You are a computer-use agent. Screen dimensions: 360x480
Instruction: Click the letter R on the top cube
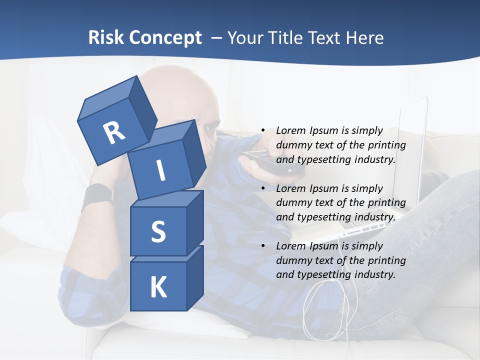click(x=114, y=132)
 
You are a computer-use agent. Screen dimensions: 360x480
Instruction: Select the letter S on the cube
click(x=158, y=231)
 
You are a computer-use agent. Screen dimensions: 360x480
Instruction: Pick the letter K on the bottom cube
click(x=158, y=287)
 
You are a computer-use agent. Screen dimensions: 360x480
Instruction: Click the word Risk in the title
click(x=106, y=37)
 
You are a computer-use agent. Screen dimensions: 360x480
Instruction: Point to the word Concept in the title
click(x=166, y=37)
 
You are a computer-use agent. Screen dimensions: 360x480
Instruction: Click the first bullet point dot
click(x=262, y=131)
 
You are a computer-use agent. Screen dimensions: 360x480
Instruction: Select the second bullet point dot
click(x=262, y=188)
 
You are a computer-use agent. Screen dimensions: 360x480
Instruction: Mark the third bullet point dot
click(x=262, y=246)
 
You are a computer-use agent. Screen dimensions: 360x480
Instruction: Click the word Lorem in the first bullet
click(x=290, y=131)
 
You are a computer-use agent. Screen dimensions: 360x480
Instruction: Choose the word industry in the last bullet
click(x=374, y=274)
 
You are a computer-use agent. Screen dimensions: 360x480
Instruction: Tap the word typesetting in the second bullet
click(x=321, y=217)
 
